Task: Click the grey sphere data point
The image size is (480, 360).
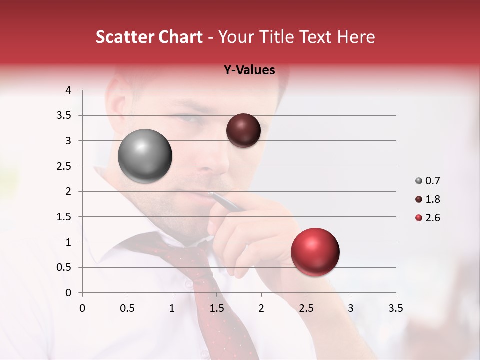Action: [x=145, y=156]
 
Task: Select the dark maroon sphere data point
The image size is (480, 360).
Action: [x=243, y=130]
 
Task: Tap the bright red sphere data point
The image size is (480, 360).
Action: [x=315, y=252]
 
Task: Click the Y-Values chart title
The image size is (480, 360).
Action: [x=249, y=70]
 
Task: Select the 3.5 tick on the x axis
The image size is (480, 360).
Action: [x=395, y=308]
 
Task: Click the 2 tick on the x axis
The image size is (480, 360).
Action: [x=261, y=308]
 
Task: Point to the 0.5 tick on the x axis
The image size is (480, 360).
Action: [x=127, y=308]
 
